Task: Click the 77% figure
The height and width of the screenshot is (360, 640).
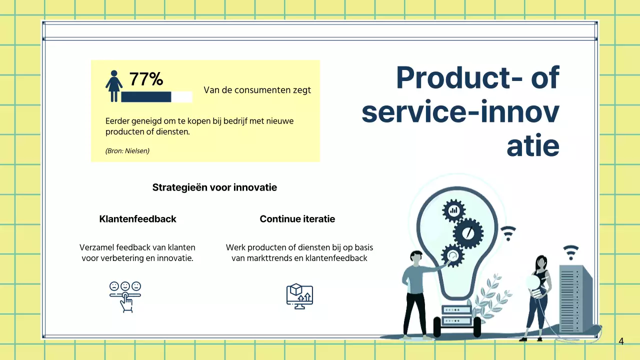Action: [146, 79]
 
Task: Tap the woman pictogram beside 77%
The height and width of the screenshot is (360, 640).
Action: [114, 86]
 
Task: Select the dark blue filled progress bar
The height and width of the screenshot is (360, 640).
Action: [146, 97]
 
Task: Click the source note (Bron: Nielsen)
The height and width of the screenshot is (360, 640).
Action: [127, 151]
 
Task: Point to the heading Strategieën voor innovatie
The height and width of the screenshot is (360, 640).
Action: [214, 187]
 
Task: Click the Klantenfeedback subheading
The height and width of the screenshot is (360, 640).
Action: [137, 219]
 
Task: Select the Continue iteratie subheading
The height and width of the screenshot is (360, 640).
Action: [297, 219]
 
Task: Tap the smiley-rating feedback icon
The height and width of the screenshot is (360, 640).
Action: [125, 297]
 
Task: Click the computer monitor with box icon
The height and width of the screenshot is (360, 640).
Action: [299, 296]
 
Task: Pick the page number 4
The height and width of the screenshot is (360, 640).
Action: [621, 341]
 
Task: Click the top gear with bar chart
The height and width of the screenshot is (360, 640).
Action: [453, 211]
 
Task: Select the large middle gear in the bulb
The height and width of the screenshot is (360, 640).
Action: [468, 233]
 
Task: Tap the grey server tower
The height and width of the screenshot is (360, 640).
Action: [575, 299]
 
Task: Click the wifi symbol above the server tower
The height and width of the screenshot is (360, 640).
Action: [571, 252]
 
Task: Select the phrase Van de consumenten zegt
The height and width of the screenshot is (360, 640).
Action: [257, 90]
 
